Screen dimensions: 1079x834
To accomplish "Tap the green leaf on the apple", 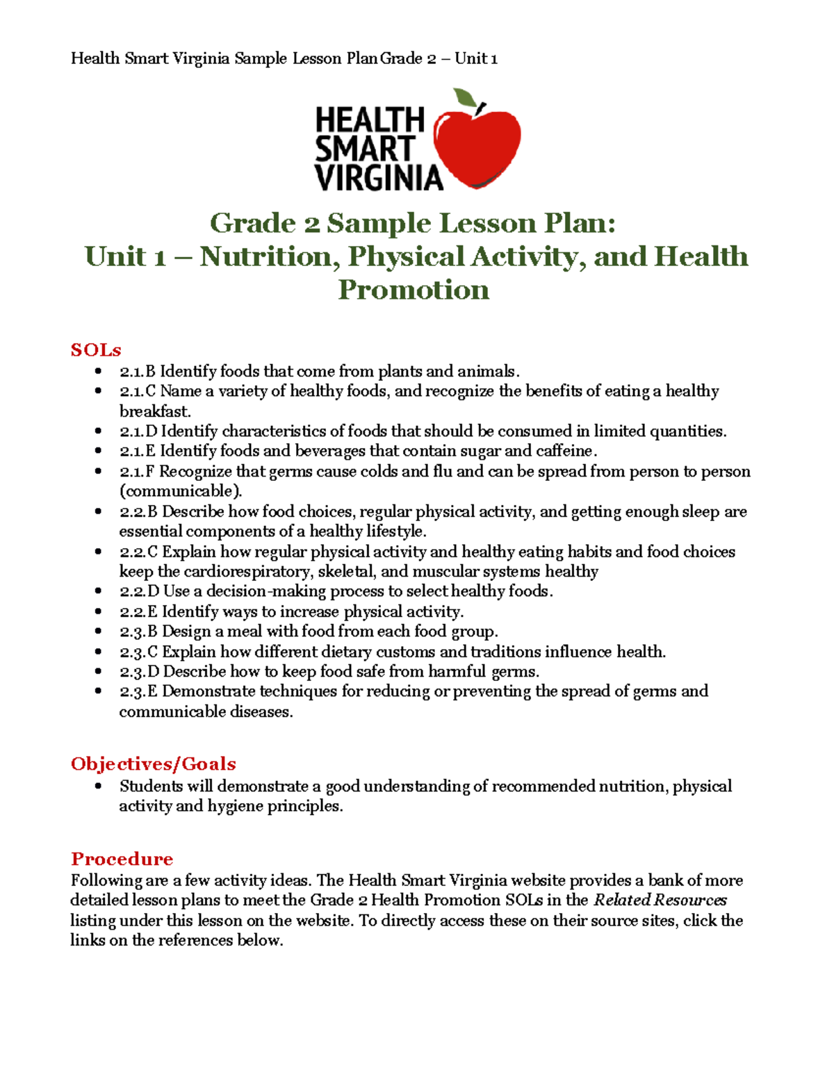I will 465,99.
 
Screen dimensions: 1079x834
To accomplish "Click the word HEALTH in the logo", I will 369,120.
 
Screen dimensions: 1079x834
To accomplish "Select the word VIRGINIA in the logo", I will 379,178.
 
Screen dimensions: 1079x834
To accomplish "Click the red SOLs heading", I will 96,349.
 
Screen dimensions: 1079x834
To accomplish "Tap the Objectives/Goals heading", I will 153,764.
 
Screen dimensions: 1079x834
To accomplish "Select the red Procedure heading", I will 122,859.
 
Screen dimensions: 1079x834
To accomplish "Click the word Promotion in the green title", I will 414,290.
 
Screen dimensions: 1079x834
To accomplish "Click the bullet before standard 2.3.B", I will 99,632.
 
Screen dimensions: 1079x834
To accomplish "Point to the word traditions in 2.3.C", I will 505,652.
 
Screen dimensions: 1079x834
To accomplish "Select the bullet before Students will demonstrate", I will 99,786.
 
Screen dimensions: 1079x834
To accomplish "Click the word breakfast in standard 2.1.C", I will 154,411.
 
